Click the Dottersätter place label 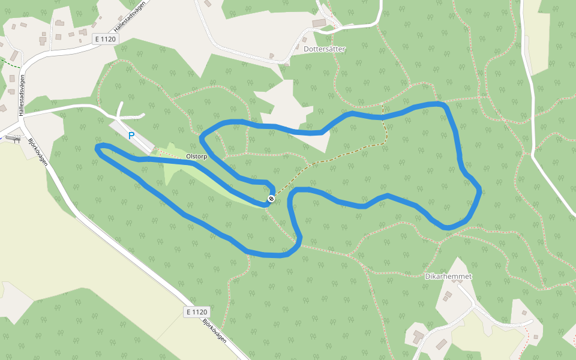tap(325, 49)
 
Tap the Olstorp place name tap(197, 157)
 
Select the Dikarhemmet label tap(448, 277)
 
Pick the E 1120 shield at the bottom tap(196, 312)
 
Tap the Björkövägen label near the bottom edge tap(214, 330)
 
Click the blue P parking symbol tap(131, 136)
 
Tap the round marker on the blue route tap(271, 199)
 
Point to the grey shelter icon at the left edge tap(10, 138)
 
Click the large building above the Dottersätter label tap(319, 23)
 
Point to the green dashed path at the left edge tap(10, 61)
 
